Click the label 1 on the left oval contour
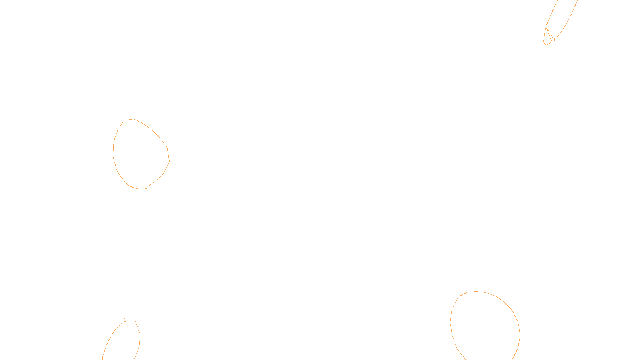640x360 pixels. (x=146, y=187)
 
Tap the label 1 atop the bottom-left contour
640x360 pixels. (x=125, y=320)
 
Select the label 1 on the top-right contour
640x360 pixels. (x=554, y=40)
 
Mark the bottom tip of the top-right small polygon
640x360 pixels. (x=546, y=45)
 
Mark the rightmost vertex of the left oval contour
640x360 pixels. (x=169, y=160)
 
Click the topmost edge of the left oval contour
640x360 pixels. (x=133, y=119)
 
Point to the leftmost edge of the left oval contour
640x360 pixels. (x=113, y=152)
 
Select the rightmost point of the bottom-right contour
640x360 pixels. (x=520, y=335)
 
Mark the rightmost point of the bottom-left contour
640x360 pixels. (x=140, y=335)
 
